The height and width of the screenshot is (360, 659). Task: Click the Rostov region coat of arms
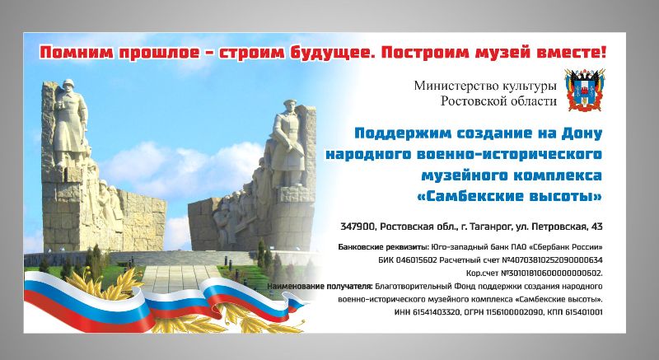point(585,90)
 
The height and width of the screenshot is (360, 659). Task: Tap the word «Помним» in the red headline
point(77,53)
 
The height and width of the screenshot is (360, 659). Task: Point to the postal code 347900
point(358,227)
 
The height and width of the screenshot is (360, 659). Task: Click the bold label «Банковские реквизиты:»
point(383,247)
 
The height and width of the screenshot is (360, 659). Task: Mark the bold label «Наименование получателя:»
point(320,287)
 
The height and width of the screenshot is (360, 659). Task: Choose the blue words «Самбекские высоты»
point(509,196)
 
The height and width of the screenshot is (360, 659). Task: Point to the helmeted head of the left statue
point(68,84)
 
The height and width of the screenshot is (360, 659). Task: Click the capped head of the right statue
point(290,105)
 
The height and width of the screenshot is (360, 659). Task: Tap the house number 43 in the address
point(596,227)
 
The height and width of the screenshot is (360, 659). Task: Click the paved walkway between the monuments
point(176,278)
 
